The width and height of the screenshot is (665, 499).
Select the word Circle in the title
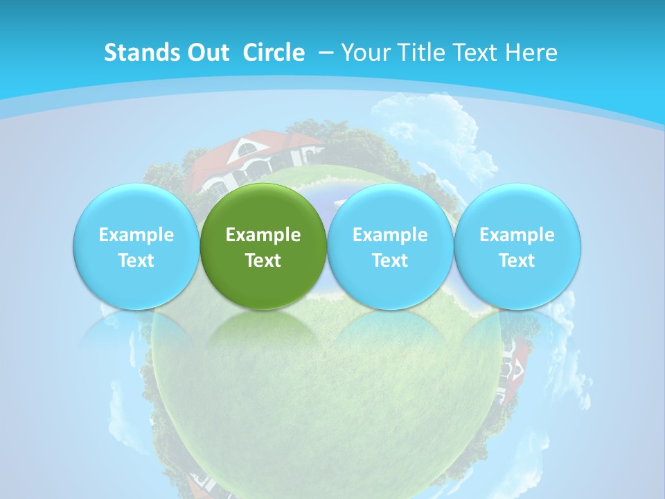274,53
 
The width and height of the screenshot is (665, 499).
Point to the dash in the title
326,53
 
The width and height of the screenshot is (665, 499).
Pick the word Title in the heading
423,53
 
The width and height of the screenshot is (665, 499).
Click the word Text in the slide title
479,53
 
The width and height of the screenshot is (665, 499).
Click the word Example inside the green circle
263,235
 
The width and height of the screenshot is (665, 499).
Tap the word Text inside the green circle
263,261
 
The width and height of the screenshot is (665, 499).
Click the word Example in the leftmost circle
136,235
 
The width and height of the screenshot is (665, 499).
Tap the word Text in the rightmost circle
517,261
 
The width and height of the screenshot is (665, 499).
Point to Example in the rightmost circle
517,235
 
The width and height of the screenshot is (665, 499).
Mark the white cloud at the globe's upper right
429,125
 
